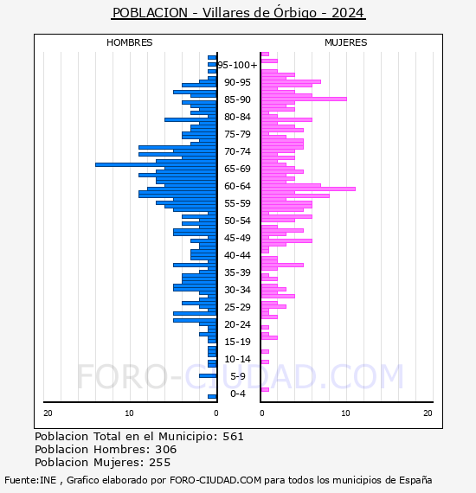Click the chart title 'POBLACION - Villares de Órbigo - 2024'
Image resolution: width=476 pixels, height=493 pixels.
click(238, 13)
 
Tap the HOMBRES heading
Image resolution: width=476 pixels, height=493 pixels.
click(129, 42)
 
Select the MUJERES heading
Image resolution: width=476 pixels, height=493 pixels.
click(346, 42)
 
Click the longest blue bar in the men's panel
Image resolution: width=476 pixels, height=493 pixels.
click(156, 164)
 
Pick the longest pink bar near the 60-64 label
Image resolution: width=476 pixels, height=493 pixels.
click(308, 189)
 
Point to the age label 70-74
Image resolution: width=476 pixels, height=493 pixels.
click(237, 151)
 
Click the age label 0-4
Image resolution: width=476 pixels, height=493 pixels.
click(238, 394)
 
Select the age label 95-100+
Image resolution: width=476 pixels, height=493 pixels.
click(237, 65)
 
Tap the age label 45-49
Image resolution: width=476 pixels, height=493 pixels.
click(237, 238)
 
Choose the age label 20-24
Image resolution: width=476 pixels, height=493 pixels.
click(237, 324)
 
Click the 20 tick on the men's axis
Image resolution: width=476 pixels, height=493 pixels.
click(48, 413)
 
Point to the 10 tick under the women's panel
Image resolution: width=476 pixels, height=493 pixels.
click(345, 413)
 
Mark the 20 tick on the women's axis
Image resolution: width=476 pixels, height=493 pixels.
click(428, 413)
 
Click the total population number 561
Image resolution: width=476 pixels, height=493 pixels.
click(233, 437)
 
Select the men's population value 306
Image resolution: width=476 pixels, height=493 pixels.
click(166, 449)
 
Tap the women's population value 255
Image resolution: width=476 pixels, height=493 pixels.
click(160, 463)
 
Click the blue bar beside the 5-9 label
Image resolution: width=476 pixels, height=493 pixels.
click(208, 375)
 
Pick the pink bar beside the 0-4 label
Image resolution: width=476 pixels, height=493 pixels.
click(265, 389)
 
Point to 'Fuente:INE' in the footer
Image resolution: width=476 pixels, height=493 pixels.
click(30, 480)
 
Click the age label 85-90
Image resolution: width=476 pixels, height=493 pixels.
click(237, 99)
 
